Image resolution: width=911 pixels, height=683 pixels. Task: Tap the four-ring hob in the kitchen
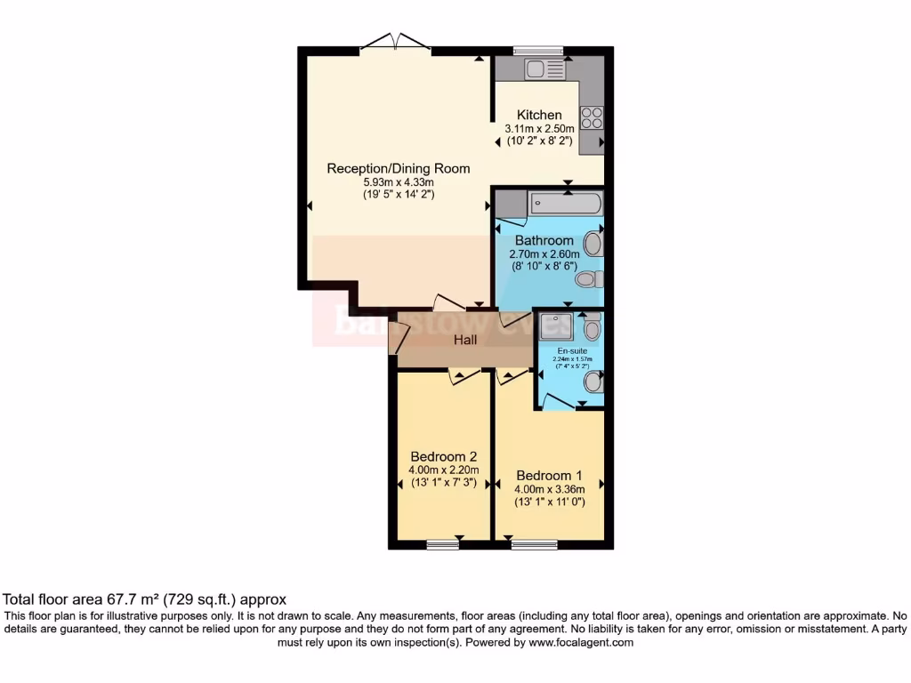point(592,117)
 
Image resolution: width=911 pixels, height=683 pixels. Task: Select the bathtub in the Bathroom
point(566,204)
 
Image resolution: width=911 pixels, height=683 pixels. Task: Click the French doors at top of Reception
point(398,43)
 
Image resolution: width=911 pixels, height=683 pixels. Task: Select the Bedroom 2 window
point(441,544)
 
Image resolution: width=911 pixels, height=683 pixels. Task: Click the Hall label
point(465,340)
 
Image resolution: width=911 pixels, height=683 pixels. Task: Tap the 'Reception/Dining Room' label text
point(398,168)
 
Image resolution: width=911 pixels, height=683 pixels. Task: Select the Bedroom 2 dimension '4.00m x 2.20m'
point(444,470)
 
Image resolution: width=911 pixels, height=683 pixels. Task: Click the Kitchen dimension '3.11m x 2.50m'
point(540,128)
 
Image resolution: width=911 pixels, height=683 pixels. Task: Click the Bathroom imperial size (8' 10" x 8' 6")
point(544,265)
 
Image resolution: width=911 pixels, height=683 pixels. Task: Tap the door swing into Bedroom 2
point(460,376)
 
